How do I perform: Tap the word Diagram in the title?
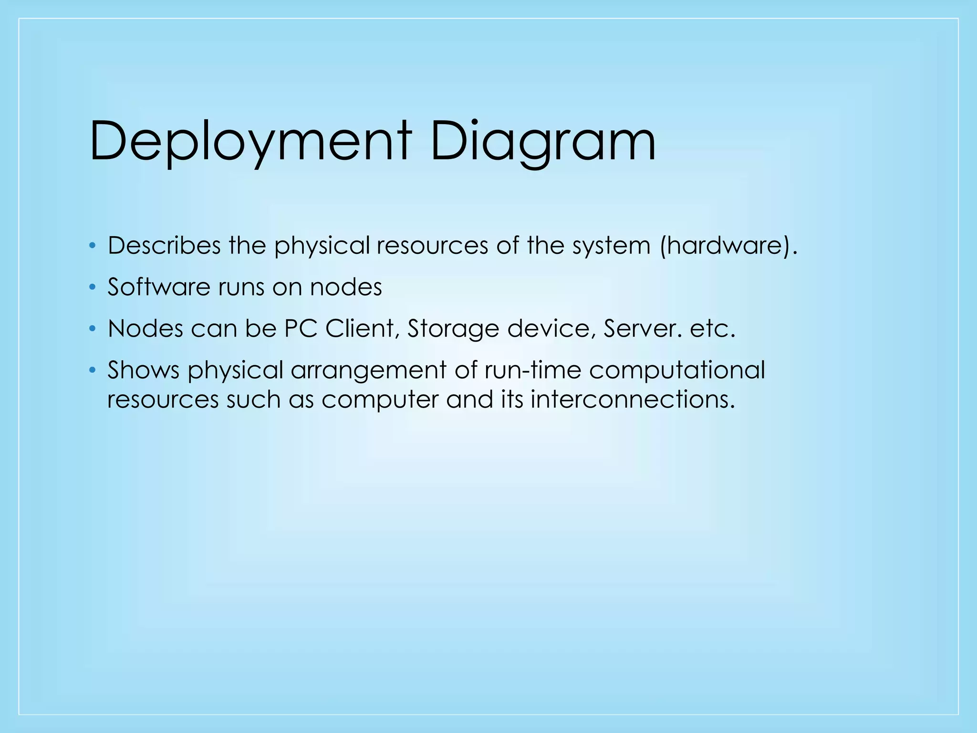[x=543, y=142]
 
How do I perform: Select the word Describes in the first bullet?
[x=164, y=246]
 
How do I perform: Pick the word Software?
[x=159, y=287]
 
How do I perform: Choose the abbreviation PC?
[x=301, y=328]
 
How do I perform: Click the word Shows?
[x=143, y=370]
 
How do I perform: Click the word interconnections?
[x=632, y=399]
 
